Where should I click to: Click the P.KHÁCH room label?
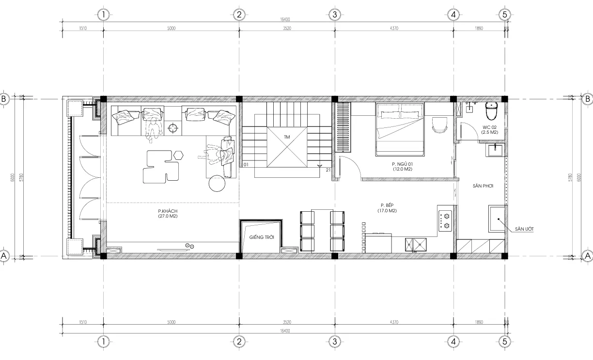coord(166,214)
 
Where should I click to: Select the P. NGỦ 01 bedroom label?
coord(402,167)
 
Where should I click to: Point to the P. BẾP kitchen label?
coord(389,208)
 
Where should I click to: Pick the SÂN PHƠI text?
coord(483,186)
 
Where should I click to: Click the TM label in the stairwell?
coord(287,138)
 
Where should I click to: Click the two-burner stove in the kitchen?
coord(445,219)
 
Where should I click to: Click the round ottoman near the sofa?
coord(217,183)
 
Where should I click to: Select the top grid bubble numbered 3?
coord(334,15)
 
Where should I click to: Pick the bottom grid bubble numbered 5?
coord(505,342)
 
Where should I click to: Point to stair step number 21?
coord(328,170)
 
